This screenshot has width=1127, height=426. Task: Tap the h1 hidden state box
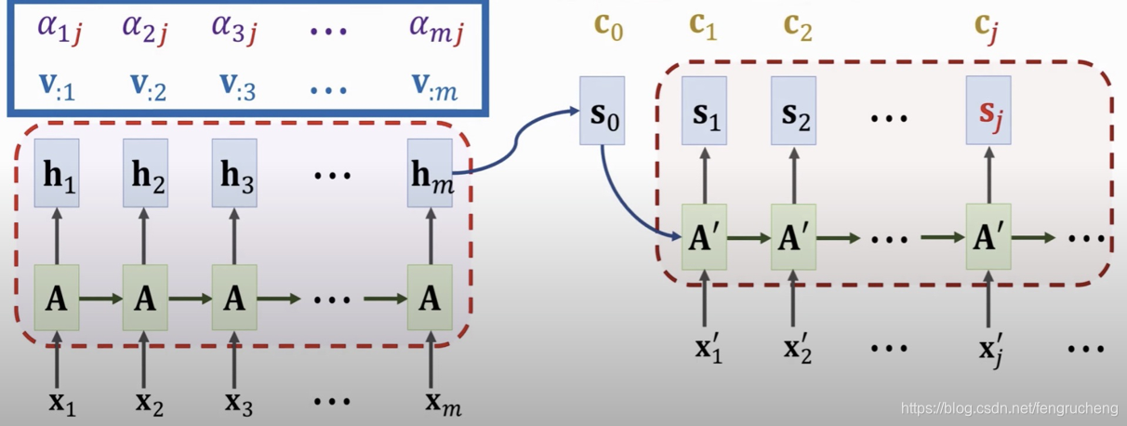[x=57, y=173]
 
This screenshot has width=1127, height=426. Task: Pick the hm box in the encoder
[x=430, y=173]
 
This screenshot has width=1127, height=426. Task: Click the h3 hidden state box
[x=233, y=173]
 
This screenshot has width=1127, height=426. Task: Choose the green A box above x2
[x=145, y=298]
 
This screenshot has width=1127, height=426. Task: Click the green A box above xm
[x=430, y=298]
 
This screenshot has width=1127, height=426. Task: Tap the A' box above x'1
[x=704, y=237]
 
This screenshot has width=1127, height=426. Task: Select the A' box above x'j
[x=988, y=237]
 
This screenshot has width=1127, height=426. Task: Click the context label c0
[x=608, y=29]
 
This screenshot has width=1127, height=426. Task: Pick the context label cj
[x=988, y=29]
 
